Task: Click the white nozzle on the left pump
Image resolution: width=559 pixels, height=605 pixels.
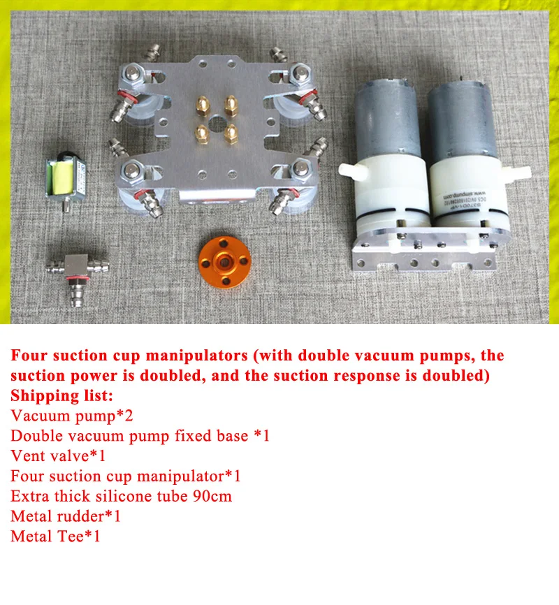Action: tap(349, 169)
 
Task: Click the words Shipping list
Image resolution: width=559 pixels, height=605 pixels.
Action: tap(61, 395)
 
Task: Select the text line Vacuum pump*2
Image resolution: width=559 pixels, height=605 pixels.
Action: tap(72, 416)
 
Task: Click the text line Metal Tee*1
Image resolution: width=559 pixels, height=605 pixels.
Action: tap(56, 537)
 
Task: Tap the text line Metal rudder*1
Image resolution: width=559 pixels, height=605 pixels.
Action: tap(66, 517)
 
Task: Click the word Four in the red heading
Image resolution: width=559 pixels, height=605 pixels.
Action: tap(29, 355)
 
